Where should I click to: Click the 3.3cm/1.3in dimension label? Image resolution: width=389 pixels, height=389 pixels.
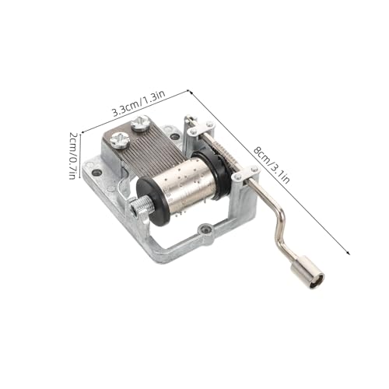click(x=138, y=103)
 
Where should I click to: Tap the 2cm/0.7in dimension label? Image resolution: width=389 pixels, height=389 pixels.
click(x=73, y=156)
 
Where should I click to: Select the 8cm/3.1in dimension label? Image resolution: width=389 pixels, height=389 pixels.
click(x=272, y=165)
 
